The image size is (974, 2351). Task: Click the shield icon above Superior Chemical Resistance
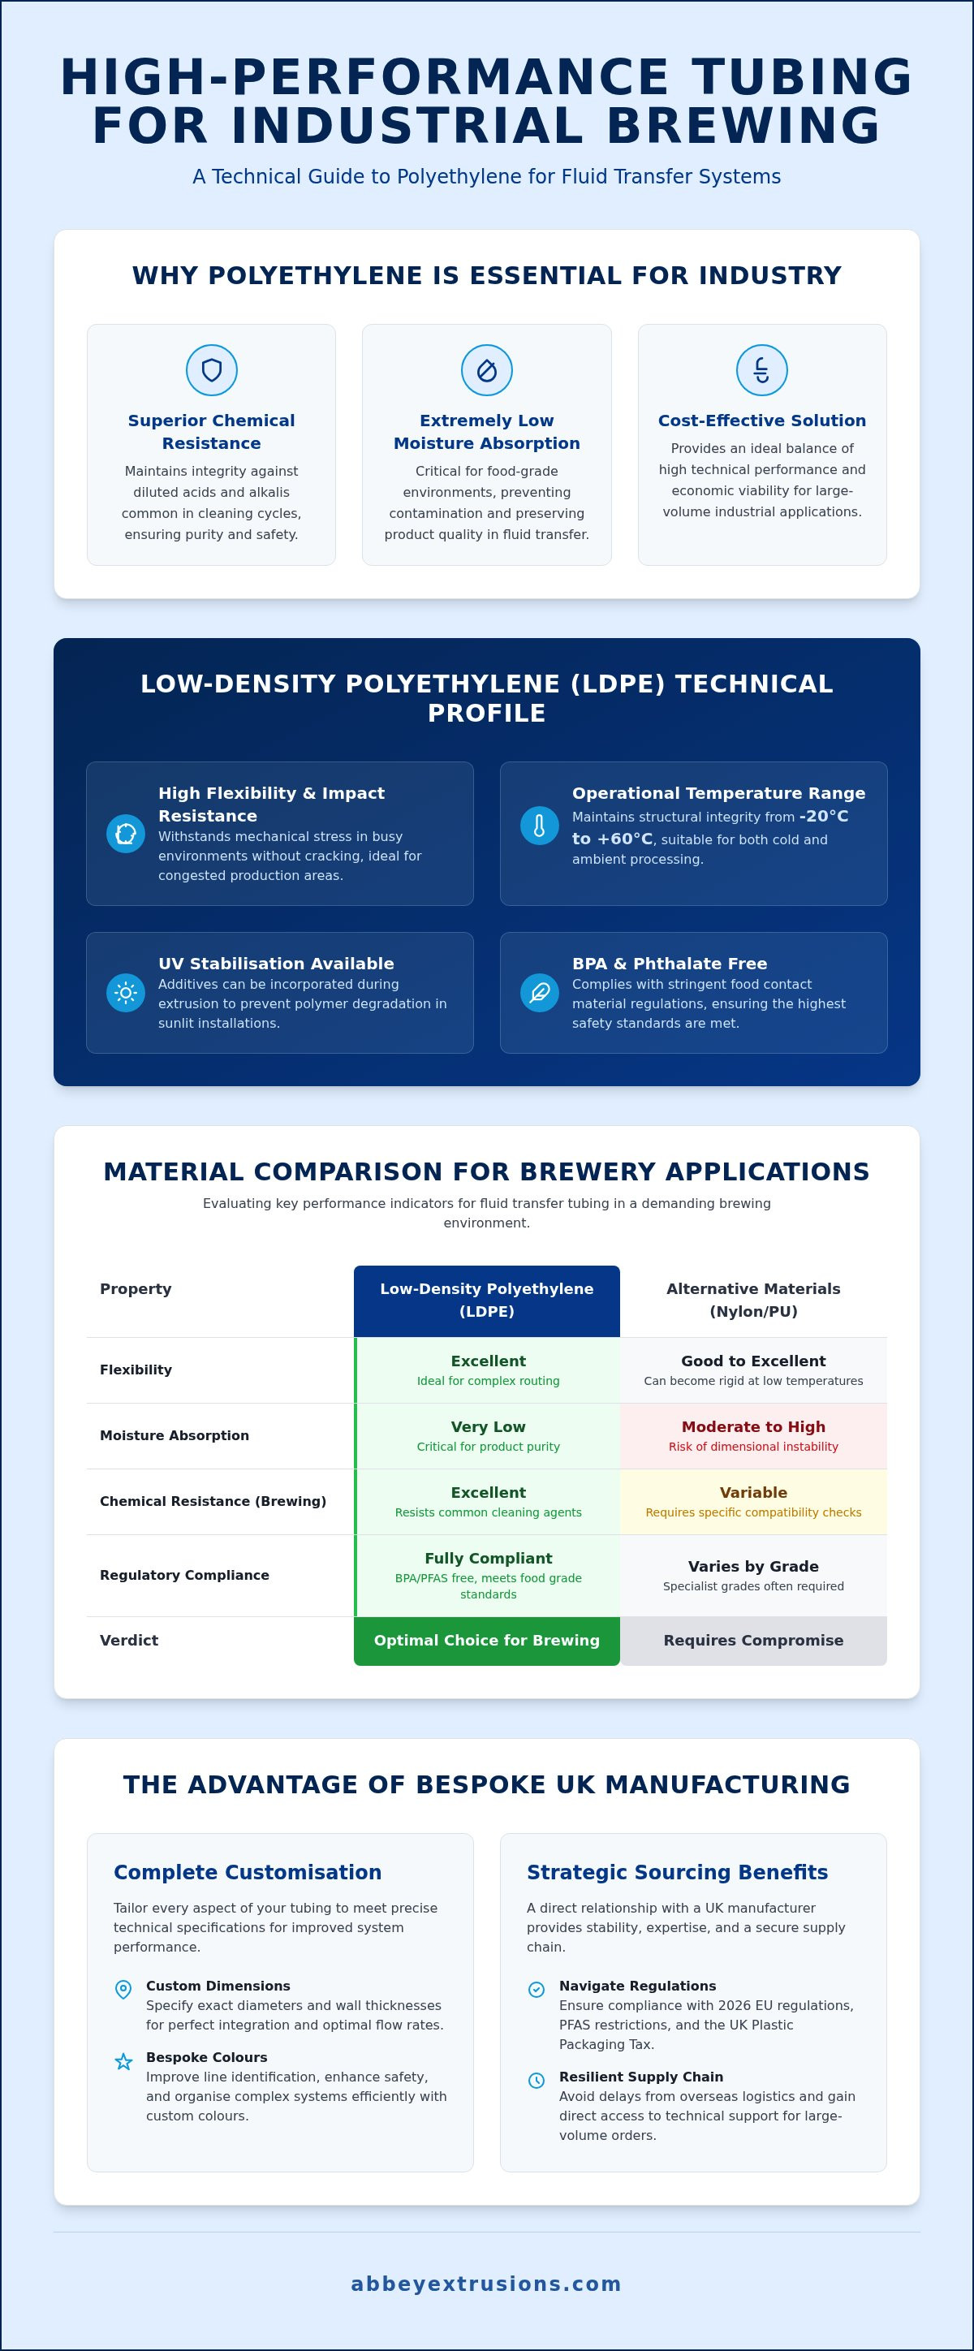212,369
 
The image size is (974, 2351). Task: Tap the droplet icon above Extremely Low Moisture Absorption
486,369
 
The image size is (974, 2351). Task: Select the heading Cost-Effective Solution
762,421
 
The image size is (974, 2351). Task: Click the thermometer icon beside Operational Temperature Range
540,826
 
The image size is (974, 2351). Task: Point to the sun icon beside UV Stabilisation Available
126,993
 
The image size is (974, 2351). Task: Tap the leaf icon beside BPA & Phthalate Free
540,993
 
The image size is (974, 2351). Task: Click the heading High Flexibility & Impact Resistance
271,804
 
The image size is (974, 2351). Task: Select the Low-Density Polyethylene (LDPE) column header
486,1301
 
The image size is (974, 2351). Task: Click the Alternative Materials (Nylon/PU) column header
753,1301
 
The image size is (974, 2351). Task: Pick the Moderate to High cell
753,1435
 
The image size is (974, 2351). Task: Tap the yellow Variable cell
753,1501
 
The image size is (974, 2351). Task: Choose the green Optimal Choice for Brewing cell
486,1641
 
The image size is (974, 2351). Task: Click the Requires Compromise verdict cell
753,1641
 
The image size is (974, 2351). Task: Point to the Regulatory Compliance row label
184,1575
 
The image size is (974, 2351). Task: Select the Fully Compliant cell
488,1575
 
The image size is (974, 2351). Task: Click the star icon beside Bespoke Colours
123,2060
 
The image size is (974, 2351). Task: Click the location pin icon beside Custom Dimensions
123,1990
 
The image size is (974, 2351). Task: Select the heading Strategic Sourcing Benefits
677,1872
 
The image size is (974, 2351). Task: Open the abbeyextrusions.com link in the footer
486,2284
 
